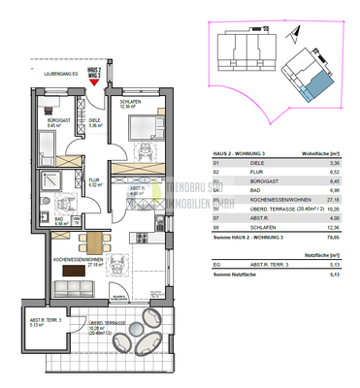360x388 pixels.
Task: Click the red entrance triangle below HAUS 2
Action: (94, 83)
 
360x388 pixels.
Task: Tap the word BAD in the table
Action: (240, 187)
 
